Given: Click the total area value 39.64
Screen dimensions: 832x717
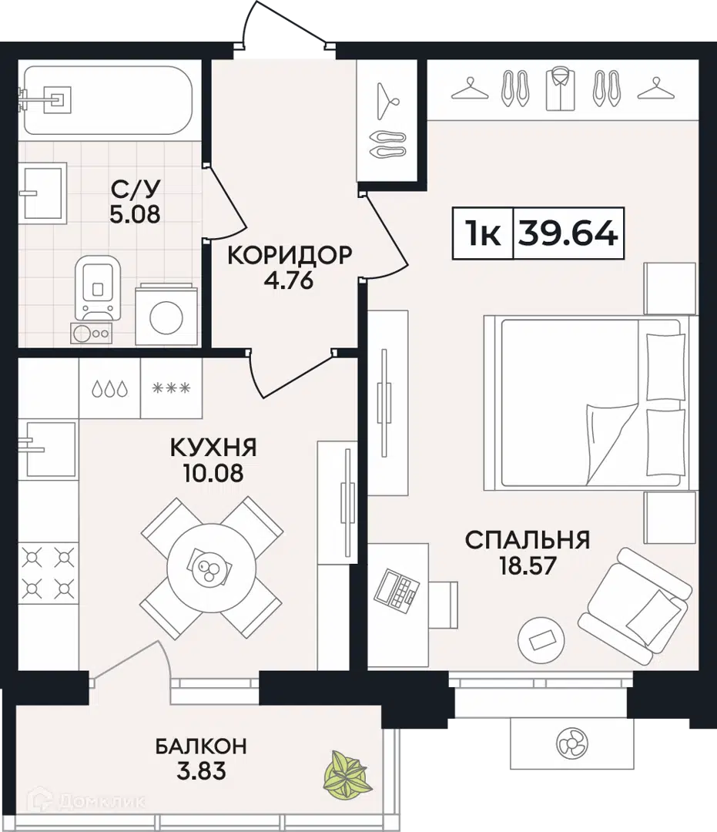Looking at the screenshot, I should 568,233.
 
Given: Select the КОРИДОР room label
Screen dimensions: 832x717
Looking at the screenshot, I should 290,255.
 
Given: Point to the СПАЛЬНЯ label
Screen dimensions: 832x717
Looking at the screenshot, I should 528,540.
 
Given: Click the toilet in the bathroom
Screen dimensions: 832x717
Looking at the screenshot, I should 98,289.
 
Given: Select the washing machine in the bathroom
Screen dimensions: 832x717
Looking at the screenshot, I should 166,315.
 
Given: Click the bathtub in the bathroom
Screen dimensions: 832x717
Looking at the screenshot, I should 108,100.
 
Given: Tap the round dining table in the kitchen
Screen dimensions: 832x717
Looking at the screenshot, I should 211,571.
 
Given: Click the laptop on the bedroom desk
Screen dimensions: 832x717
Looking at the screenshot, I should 397,589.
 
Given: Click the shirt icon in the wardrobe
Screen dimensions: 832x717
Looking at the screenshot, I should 560,89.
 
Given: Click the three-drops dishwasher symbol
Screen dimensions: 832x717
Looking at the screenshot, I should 109,388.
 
